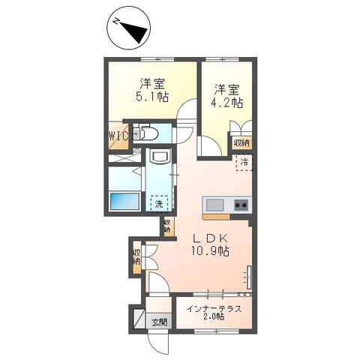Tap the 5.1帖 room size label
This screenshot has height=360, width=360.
tap(152, 97)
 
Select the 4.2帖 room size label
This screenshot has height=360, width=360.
tap(226, 103)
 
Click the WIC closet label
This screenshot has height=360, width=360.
tap(118, 136)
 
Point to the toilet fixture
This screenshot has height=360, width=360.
tap(145, 133)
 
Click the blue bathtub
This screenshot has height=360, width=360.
tap(124, 202)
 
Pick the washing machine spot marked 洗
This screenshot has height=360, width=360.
tap(159, 204)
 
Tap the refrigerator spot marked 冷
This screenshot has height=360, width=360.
tap(244, 162)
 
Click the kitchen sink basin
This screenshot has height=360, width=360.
tap(214, 205)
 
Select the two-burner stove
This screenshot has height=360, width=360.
tap(241, 205)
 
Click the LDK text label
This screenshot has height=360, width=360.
tap(210, 238)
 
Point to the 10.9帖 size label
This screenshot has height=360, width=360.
tap(210, 250)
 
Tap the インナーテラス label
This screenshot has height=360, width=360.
tap(214, 309)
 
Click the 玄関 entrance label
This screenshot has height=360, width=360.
tap(159, 322)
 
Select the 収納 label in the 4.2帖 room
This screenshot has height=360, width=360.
tap(241, 143)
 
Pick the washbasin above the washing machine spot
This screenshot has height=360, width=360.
tap(158, 156)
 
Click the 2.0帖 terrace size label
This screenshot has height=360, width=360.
tap(214, 317)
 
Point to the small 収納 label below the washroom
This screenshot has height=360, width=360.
tap(167, 226)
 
